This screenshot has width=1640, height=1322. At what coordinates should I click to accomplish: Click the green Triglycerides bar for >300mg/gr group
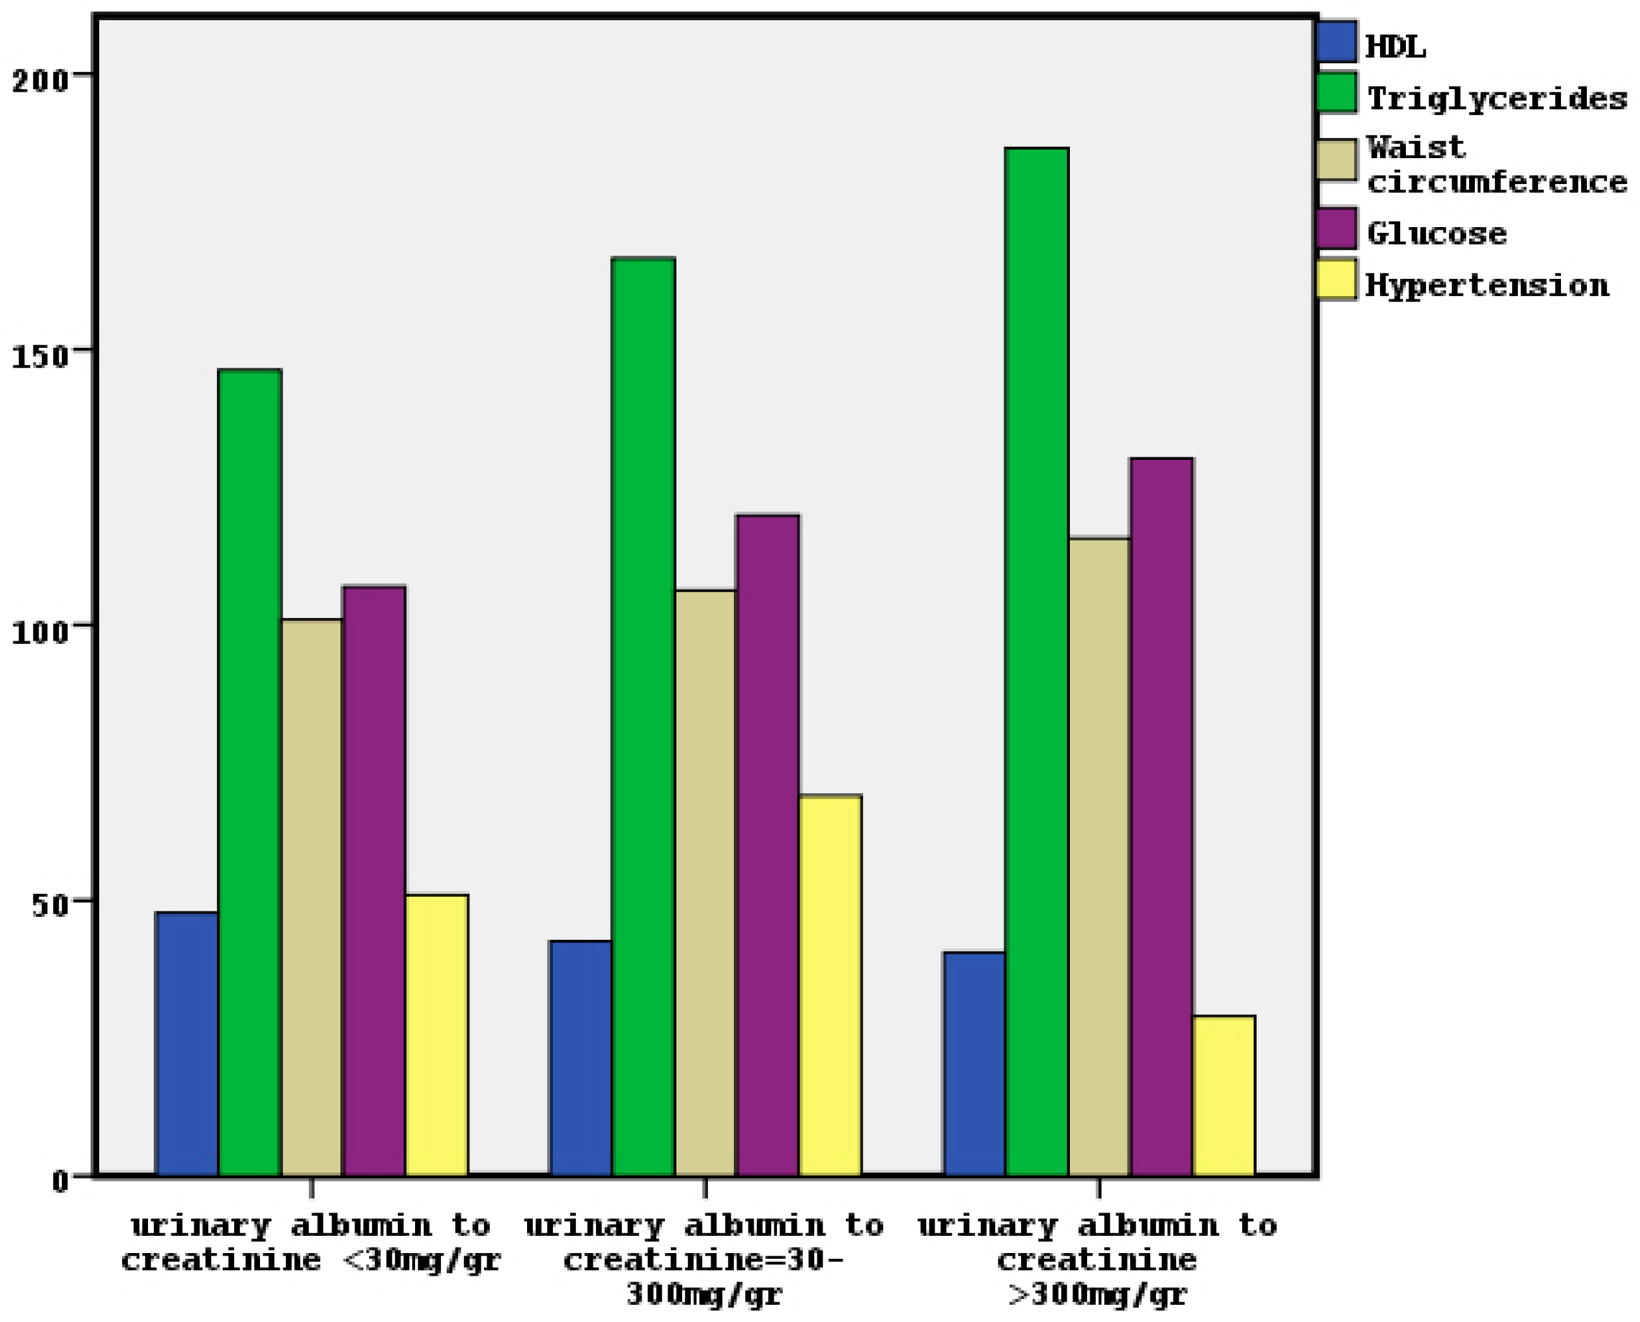[1036, 662]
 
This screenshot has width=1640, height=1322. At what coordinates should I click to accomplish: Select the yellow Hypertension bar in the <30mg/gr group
[437, 1035]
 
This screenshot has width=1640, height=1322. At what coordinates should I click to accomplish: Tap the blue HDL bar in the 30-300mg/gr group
[580, 1058]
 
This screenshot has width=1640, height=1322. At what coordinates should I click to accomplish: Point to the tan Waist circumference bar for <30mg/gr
[311, 899]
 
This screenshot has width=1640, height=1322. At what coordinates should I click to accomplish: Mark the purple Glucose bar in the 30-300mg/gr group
[768, 845]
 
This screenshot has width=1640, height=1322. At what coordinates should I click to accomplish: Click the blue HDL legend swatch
[1336, 42]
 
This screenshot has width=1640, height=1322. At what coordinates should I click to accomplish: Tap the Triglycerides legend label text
[1497, 99]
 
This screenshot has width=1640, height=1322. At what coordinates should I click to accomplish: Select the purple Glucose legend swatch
[1336, 228]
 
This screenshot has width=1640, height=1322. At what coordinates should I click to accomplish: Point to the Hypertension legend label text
[1487, 285]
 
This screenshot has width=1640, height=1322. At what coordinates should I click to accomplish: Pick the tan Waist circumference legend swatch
[1336, 160]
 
